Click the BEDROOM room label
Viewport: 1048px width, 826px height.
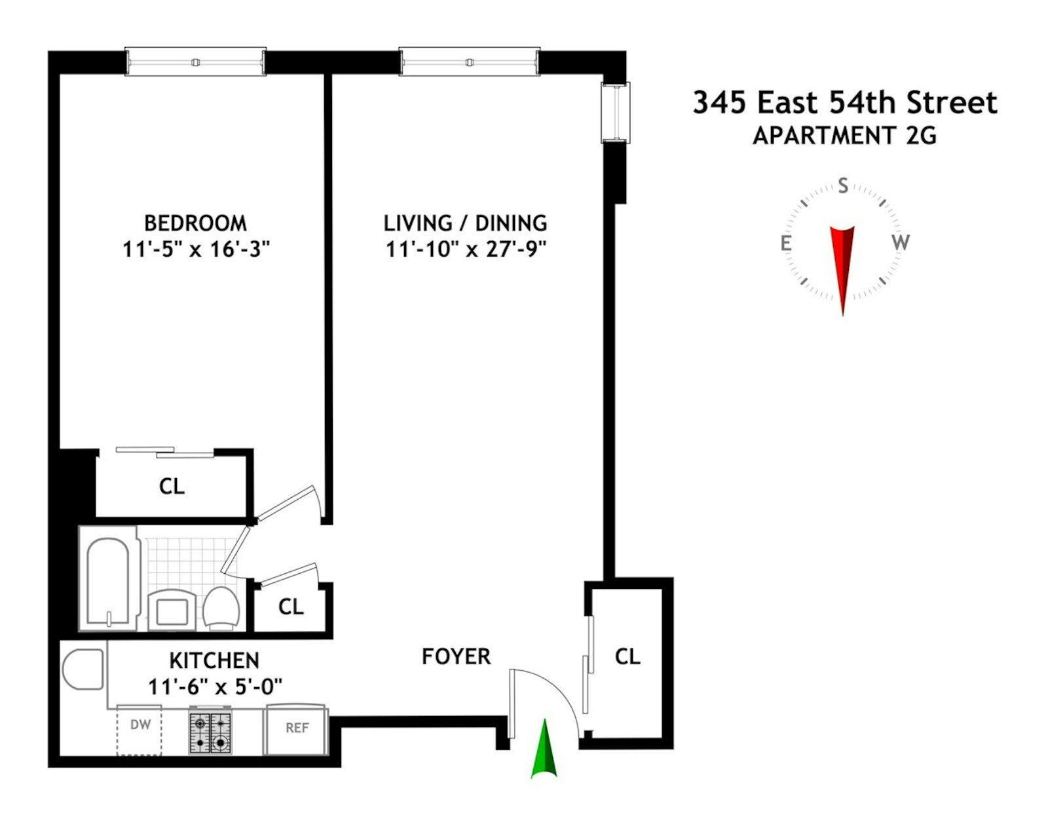click(195, 223)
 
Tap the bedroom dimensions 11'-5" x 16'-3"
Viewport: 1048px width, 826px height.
click(196, 249)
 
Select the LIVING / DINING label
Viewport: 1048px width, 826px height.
click(465, 223)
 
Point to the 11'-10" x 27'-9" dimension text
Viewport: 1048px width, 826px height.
click(466, 249)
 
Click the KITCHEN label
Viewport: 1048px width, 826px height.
click(214, 660)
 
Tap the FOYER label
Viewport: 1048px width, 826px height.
click(456, 656)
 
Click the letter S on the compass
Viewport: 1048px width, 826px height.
click(843, 186)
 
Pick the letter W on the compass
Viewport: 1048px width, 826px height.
click(900, 242)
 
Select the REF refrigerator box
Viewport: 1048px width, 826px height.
click(296, 729)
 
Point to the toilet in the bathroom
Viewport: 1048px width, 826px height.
click(220, 607)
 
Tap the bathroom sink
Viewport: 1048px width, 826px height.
click(172, 610)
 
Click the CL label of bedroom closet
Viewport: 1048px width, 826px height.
click(172, 486)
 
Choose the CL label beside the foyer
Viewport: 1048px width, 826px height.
click(627, 656)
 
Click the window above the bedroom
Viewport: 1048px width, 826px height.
click(195, 62)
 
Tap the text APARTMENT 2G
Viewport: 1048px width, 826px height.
click(844, 136)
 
